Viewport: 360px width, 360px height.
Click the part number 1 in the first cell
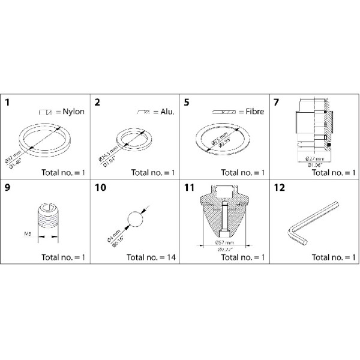coord(7,103)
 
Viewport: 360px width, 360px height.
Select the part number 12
coord(278,187)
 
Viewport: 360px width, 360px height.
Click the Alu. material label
coord(163,112)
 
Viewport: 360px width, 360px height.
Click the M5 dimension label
coord(25,235)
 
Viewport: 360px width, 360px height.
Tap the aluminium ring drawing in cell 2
coord(132,140)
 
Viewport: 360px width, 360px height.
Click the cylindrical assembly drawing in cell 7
coord(312,126)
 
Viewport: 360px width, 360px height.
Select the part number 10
coord(100,187)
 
